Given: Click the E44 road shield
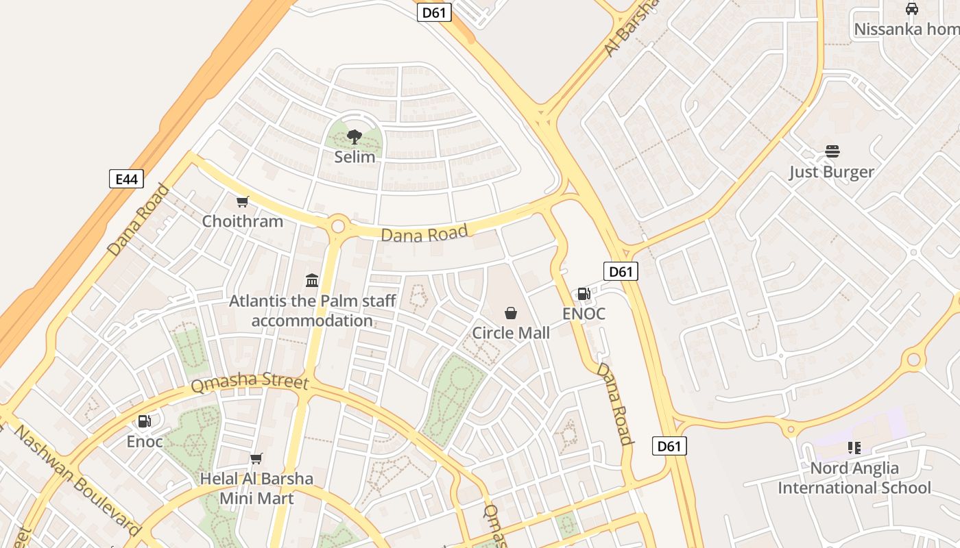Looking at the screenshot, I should point(126,179).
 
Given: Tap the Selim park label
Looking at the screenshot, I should point(355,157).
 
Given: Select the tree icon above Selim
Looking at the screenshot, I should point(355,137).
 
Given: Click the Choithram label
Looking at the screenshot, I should point(242,221).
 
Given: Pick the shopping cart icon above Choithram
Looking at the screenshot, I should point(242,201).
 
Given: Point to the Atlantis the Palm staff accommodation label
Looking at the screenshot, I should point(312,310).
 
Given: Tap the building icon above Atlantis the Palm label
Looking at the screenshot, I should point(312,280).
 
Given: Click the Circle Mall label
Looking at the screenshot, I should point(511,333).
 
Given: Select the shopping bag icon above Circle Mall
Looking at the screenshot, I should point(511,313).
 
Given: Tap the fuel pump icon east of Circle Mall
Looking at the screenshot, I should point(584,294).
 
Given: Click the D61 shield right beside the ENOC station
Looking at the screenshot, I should point(621,271).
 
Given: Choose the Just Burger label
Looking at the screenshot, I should point(831,171).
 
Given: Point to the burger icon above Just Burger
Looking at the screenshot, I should point(832,151).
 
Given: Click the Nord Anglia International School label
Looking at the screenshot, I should point(854,478).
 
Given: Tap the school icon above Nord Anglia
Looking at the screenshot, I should point(854,448).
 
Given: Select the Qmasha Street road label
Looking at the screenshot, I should point(250,382).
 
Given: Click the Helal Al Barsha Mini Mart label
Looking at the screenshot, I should point(256,488).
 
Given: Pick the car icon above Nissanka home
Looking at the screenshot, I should point(911,9).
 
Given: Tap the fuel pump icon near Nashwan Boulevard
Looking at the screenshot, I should point(145,421).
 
